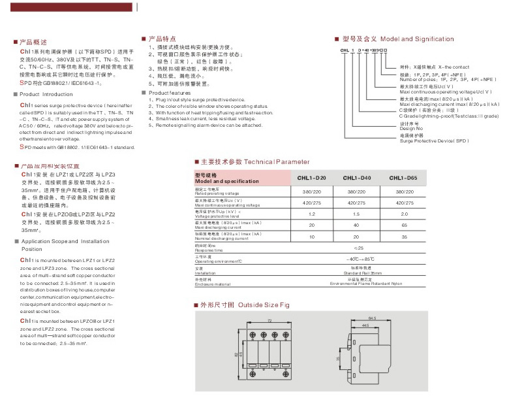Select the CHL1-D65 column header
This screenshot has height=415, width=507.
tap(403, 178)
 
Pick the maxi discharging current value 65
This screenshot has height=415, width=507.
tap(403, 225)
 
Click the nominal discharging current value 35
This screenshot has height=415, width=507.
tap(403, 236)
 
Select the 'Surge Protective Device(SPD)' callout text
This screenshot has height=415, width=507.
tap(434, 141)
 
